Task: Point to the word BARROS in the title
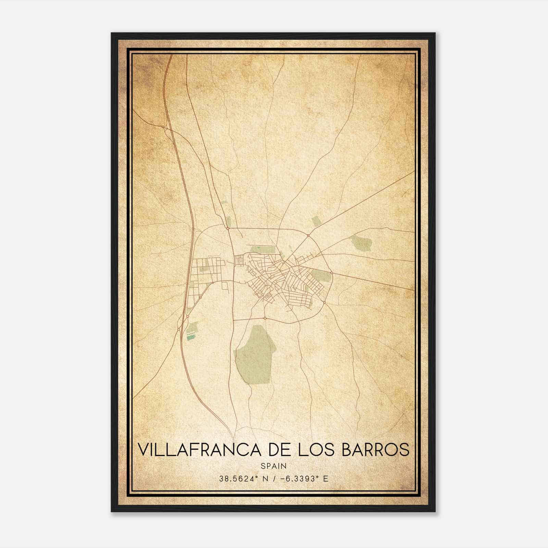click(376, 449)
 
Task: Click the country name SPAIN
click(274, 466)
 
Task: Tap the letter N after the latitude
click(265, 479)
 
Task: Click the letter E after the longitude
click(325, 479)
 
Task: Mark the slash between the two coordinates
click(274, 479)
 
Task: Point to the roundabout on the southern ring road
click(265, 318)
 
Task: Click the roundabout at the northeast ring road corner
click(308, 235)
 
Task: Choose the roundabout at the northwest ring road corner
click(227, 228)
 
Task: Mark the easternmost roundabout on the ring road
click(332, 273)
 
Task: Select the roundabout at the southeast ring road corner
click(324, 302)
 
